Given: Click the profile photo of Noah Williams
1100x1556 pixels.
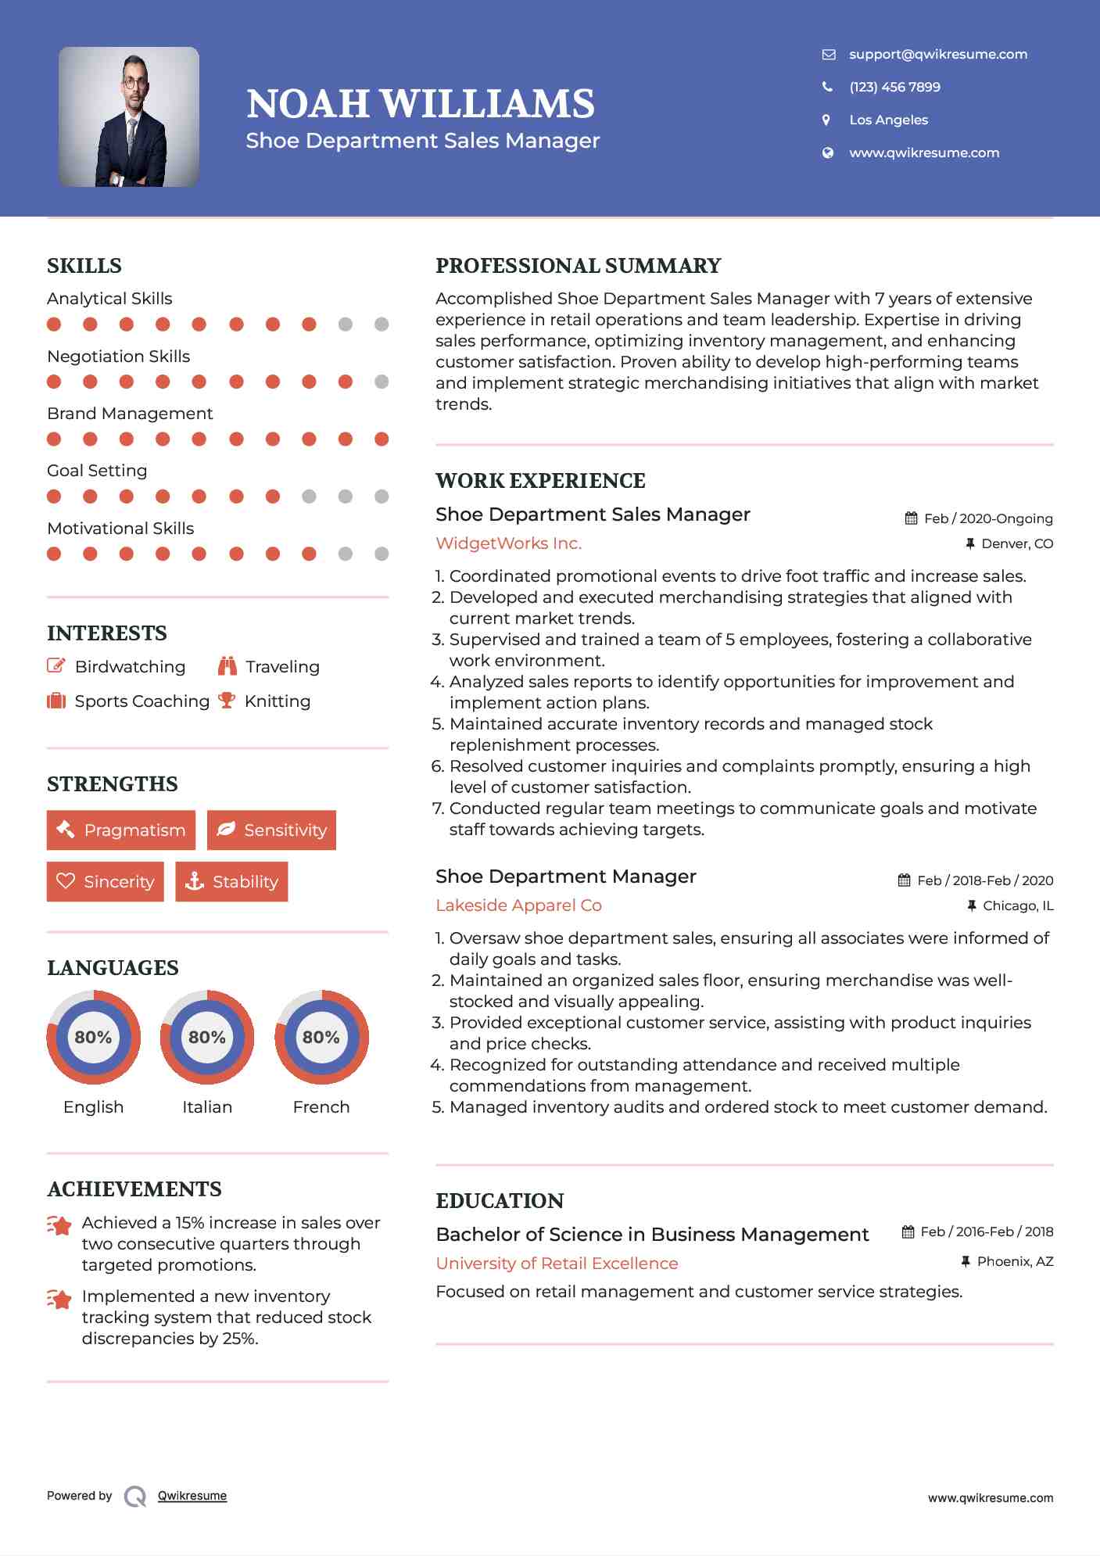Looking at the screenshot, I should [x=129, y=117].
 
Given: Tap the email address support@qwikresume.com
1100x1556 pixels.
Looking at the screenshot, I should [x=937, y=54].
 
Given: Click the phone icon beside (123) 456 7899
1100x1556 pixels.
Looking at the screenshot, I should [x=827, y=87].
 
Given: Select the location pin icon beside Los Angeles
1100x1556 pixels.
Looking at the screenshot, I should [x=826, y=120].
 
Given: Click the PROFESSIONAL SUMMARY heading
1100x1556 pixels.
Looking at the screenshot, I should [x=578, y=266].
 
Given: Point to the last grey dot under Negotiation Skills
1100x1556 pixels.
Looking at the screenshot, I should [x=382, y=382].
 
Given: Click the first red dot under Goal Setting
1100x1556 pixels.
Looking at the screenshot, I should [x=54, y=497].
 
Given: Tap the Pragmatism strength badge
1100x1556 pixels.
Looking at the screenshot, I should [x=121, y=830].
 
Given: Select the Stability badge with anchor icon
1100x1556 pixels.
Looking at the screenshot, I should [x=231, y=882].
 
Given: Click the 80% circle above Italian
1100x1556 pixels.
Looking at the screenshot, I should [x=207, y=1038].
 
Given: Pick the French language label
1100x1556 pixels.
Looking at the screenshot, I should [x=321, y=1107].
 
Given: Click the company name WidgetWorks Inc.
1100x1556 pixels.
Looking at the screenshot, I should [x=508, y=543].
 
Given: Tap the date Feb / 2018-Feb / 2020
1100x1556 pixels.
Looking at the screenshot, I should [x=984, y=880].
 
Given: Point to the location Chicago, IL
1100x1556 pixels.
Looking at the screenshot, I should [x=1017, y=905].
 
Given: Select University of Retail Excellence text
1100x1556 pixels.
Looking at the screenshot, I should [x=557, y=1264].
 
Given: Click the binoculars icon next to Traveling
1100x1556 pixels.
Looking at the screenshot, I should [x=228, y=666].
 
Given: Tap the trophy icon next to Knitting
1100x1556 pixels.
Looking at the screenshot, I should [x=227, y=701].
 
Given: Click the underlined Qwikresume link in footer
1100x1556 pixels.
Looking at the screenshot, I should [x=192, y=1496].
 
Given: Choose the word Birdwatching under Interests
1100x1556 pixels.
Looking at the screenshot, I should [x=130, y=667].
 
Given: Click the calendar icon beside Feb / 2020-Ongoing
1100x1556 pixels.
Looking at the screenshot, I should [x=911, y=518].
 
